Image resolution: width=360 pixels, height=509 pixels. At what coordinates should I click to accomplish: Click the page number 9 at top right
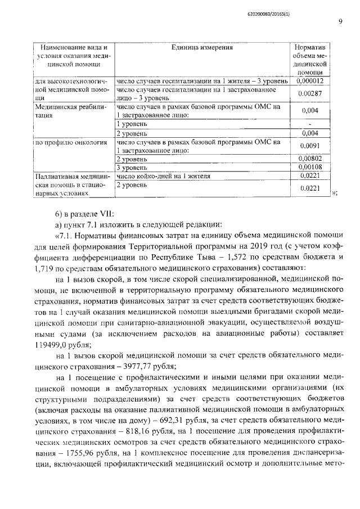point(340,22)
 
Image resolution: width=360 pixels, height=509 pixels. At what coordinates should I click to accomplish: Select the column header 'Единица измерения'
point(202,47)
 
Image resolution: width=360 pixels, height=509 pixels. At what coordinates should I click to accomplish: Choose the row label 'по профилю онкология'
point(71,143)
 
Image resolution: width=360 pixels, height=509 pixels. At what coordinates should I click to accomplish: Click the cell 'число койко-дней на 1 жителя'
point(163,176)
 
